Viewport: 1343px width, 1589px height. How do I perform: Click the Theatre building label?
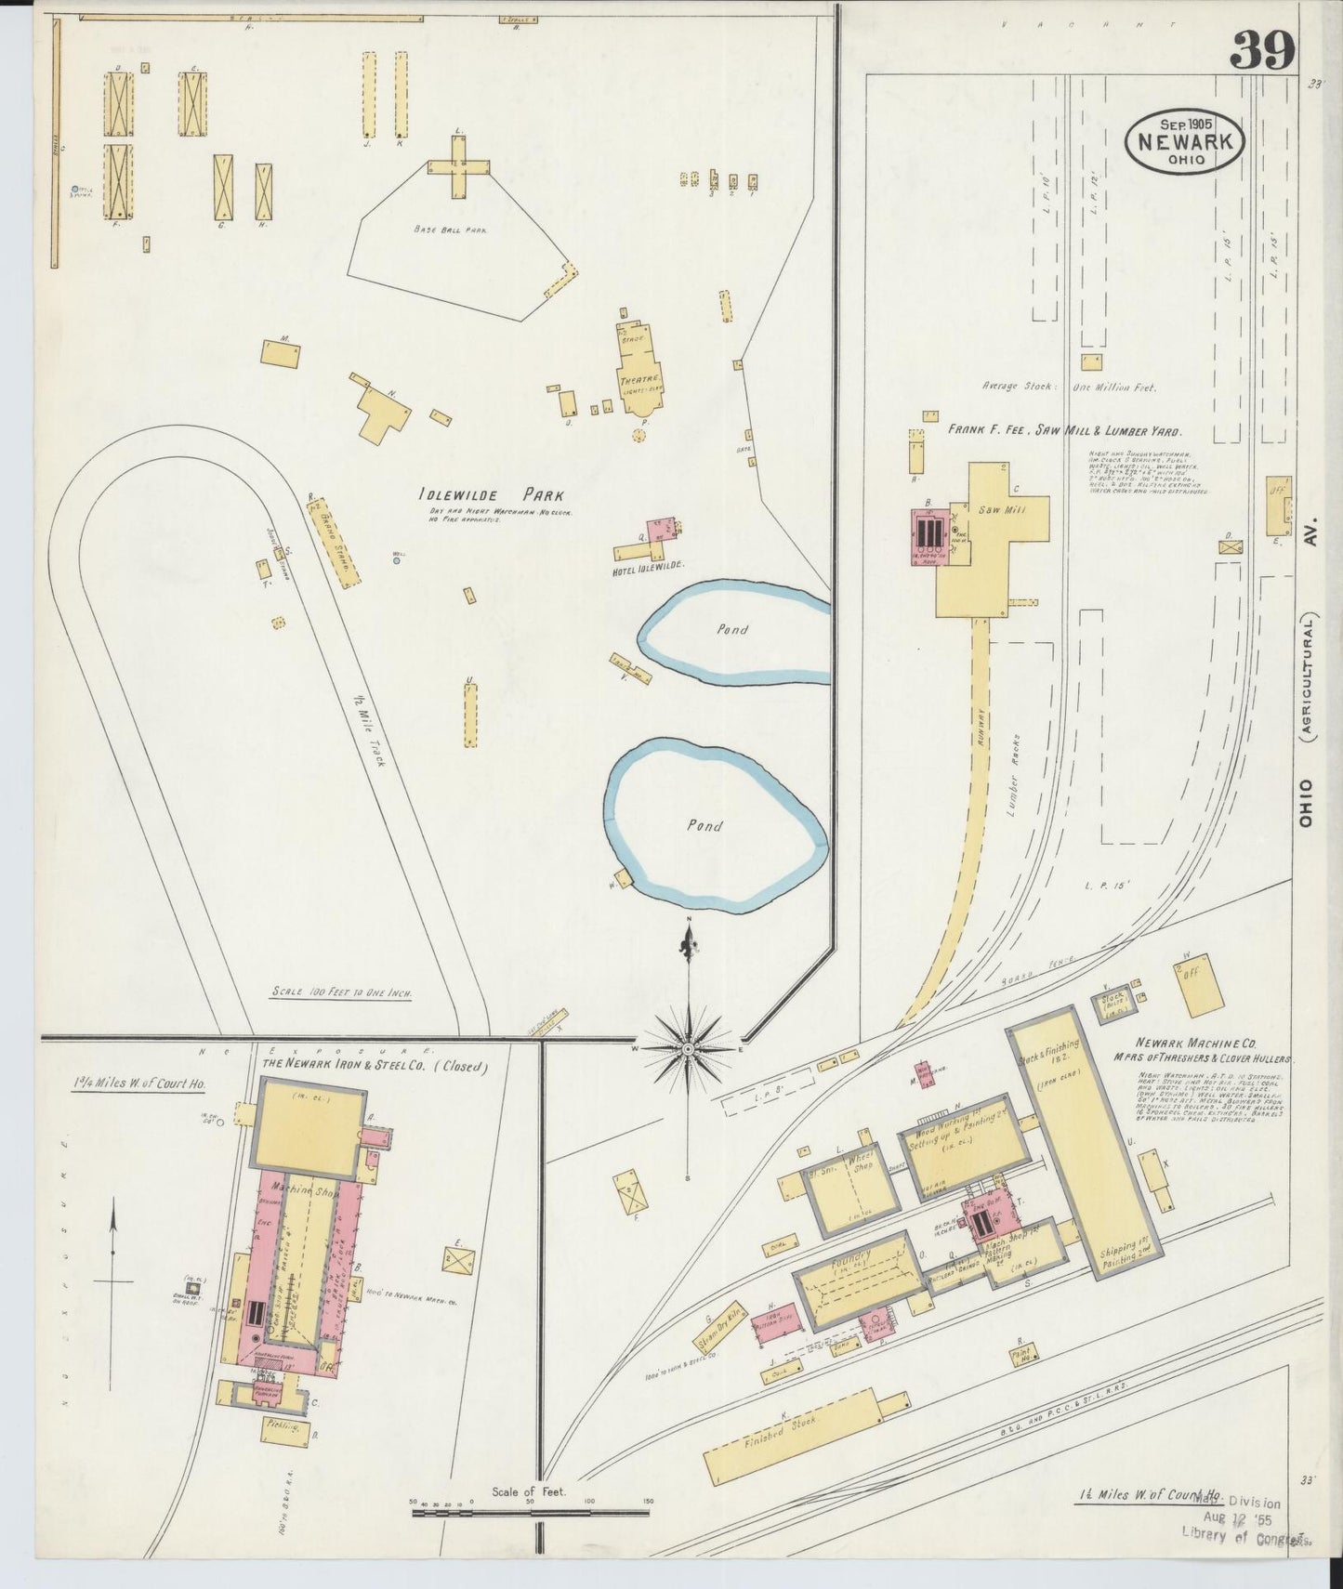(x=640, y=379)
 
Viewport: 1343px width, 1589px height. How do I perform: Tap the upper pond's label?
(x=732, y=629)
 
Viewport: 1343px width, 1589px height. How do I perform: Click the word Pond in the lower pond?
(x=704, y=825)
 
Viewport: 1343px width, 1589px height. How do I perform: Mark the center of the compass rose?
(x=688, y=1049)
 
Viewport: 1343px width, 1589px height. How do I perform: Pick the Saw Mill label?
(x=996, y=510)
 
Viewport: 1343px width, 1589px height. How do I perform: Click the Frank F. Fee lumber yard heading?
(x=1063, y=432)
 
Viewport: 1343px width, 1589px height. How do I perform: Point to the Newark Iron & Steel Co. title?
(x=375, y=1065)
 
